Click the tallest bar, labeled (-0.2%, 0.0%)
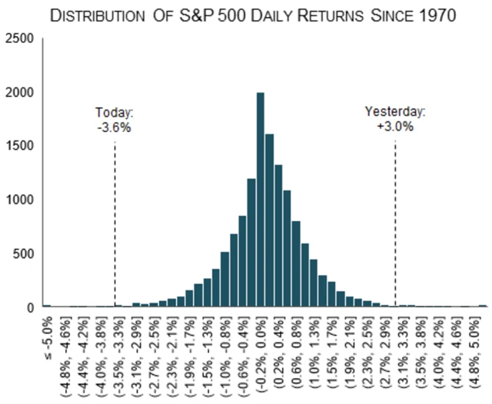[x=261, y=200]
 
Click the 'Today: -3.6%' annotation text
[x=114, y=120]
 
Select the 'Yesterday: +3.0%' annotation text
[x=395, y=120]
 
